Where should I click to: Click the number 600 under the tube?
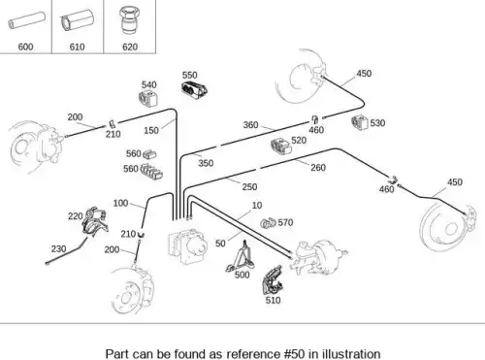point(25,47)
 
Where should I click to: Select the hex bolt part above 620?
point(129,21)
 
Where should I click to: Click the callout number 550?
point(189,75)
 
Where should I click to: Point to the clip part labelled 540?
point(148,98)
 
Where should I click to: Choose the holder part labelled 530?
point(360,123)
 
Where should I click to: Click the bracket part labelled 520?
point(281,146)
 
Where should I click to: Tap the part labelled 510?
point(273,279)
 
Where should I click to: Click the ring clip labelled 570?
point(268,223)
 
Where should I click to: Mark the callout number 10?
point(257,206)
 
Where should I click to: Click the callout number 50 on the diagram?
point(220,244)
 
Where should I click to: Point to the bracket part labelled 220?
point(95,221)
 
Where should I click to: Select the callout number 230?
point(58,249)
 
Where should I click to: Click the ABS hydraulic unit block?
point(187,245)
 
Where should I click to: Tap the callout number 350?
point(206,163)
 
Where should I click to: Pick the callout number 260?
point(318,168)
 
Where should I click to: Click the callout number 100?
point(120,203)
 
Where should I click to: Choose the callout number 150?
point(151,130)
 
